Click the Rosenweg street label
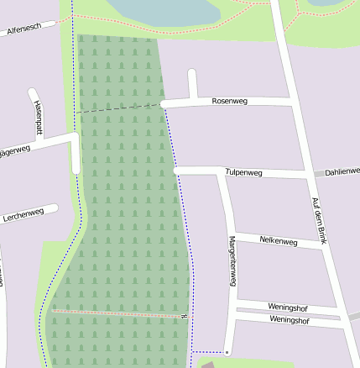point(229,101)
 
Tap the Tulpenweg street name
point(244,172)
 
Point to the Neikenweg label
point(279,241)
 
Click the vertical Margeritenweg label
point(232,261)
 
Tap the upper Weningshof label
point(289,307)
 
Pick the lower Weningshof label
point(290,320)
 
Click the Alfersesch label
point(24,29)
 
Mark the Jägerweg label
point(14,151)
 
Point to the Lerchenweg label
point(23,213)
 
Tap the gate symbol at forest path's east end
point(183,316)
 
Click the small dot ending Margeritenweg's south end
point(227,351)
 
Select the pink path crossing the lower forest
point(117,313)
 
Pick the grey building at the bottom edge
point(208,365)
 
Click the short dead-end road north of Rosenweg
point(192,84)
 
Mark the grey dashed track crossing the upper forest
point(117,108)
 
